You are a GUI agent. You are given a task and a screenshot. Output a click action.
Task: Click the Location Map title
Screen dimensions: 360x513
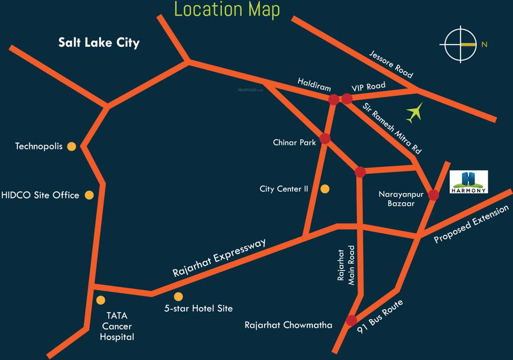(x=227, y=10)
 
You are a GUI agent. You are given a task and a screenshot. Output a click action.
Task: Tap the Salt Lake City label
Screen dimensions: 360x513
(x=99, y=43)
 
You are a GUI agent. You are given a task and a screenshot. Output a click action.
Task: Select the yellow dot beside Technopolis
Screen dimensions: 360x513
(x=71, y=146)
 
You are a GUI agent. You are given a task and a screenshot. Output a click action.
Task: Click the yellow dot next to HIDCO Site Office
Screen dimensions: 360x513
(x=89, y=195)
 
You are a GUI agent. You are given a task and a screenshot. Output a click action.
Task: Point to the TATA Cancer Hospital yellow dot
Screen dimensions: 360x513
(x=100, y=300)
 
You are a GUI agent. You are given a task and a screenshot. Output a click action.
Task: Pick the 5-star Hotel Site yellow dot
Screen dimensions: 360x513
(x=178, y=296)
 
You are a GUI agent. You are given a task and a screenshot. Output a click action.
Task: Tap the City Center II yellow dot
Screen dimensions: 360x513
(x=325, y=189)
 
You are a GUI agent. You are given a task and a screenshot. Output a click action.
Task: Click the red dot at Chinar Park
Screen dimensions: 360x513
(x=325, y=139)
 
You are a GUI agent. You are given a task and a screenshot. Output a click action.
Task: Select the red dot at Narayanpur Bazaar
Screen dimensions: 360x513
(x=433, y=195)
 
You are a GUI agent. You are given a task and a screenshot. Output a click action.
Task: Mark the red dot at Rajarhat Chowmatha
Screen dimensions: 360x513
(x=351, y=321)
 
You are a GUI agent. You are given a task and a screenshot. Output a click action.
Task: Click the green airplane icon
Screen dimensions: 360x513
(x=414, y=112)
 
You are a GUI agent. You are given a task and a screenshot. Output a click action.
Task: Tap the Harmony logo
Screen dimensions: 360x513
(x=468, y=182)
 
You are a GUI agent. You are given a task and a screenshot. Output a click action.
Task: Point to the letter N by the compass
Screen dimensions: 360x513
(x=484, y=45)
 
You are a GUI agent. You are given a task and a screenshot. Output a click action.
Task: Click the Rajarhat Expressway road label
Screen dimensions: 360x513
(x=219, y=257)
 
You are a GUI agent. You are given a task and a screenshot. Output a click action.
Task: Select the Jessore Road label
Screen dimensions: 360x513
(x=391, y=64)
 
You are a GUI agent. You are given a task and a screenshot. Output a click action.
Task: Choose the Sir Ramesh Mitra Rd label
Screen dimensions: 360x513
(x=392, y=128)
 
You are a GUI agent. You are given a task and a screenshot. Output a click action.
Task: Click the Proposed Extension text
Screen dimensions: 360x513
(x=471, y=225)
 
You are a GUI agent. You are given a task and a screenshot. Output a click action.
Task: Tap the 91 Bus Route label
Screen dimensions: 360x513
(x=379, y=317)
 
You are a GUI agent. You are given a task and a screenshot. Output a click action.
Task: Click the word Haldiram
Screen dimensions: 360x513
(x=314, y=84)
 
